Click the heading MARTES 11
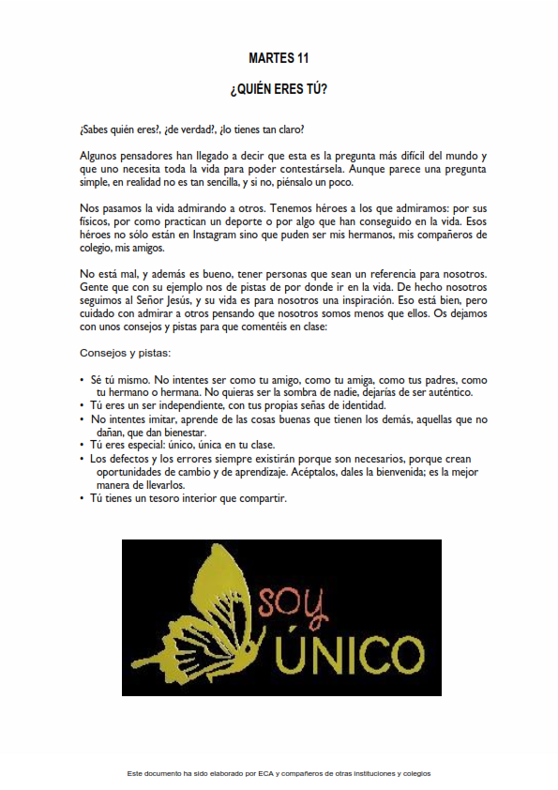(x=279, y=58)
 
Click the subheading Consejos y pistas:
(x=126, y=354)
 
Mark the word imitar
(x=171, y=418)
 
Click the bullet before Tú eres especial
(x=83, y=446)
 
